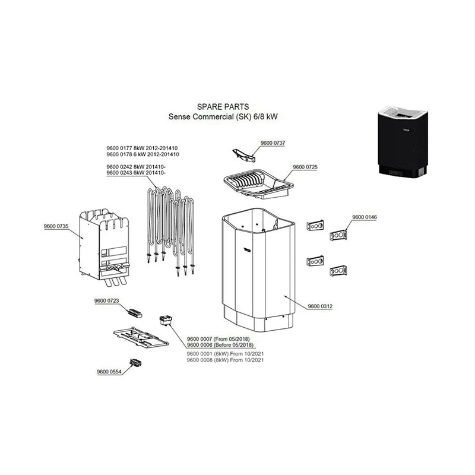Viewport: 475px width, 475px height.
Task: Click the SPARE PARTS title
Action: (x=223, y=107)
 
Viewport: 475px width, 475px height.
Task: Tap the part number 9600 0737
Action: (x=273, y=142)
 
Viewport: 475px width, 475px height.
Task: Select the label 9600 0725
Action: (x=305, y=167)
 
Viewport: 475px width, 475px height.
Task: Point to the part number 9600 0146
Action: (x=365, y=217)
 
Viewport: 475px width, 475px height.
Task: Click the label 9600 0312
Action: (x=320, y=306)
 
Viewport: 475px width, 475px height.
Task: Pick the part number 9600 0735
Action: (x=56, y=226)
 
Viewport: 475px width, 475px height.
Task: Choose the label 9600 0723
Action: (x=107, y=300)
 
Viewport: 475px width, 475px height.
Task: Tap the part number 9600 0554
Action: (x=109, y=372)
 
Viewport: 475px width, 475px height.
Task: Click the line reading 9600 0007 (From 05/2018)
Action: (x=218, y=338)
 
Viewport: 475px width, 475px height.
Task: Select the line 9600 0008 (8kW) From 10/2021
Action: (x=225, y=360)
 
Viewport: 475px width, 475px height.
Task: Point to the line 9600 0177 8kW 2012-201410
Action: (x=142, y=148)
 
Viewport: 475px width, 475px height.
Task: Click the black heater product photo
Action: (x=403, y=141)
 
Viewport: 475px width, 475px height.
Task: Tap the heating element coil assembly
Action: (x=170, y=230)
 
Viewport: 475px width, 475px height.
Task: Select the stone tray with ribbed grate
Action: (x=258, y=184)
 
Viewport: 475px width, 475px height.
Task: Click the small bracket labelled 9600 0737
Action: (x=243, y=156)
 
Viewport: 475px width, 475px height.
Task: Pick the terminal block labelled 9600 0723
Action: (x=135, y=313)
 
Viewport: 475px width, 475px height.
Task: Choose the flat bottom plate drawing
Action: (x=141, y=337)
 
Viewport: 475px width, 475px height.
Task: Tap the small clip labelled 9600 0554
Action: (x=136, y=363)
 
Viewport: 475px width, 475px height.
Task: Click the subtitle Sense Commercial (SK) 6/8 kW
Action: (x=223, y=116)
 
